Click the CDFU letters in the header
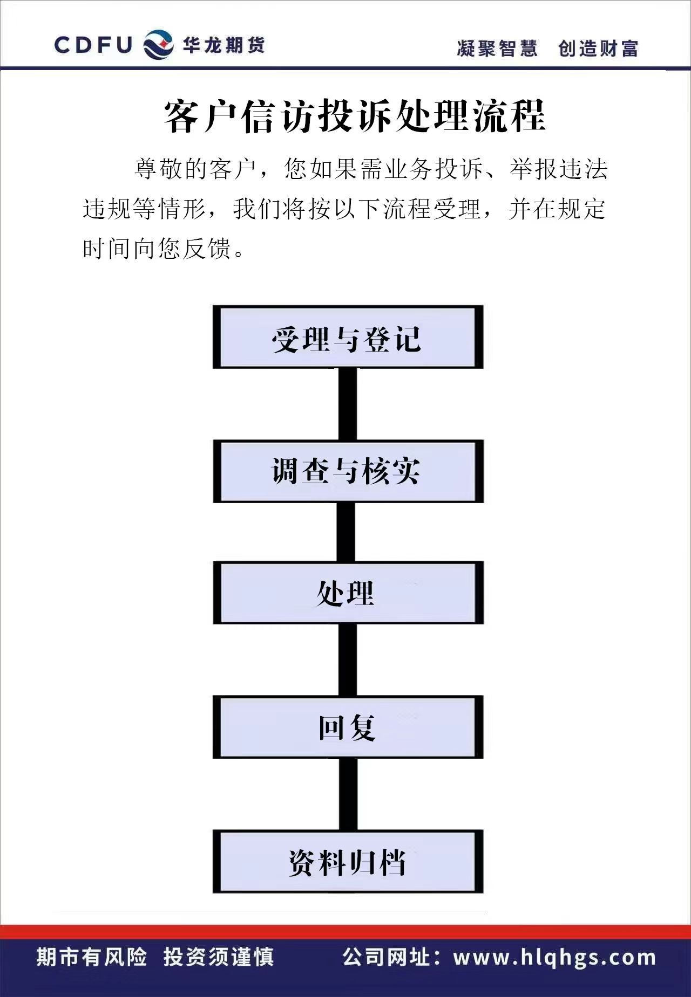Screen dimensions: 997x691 (x=93, y=45)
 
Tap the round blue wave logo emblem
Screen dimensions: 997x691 (x=158, y=44)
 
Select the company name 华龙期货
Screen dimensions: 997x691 (x=223, y=45)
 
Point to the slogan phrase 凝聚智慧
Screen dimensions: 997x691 (x=497, y=48)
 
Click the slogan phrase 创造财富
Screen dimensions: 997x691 (x=598, y=48)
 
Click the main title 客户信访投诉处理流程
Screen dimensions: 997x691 (x=355, y=116)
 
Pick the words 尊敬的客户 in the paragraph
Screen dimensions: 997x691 (x=195, y=169)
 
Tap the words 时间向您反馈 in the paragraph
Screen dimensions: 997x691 (x=157, y=249)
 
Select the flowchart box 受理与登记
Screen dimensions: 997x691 (x=348, y=338)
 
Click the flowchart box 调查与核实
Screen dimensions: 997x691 (x=348, y=471)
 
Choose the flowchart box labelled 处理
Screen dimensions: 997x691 (x=348, y=593)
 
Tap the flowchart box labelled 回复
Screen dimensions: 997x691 (x=348, y=727)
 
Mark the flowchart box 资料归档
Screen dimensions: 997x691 (x=348, y=862)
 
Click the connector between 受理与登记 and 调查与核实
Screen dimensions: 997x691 (x=348, y=404)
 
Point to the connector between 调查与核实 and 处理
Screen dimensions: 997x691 (x=346, y=532)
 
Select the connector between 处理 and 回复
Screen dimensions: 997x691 (x=348, y=660)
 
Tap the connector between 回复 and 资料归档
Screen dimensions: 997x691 (x=348, y=794)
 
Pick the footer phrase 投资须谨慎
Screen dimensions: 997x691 (x=219, y=957)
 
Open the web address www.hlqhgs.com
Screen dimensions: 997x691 (x=554, y=958)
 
